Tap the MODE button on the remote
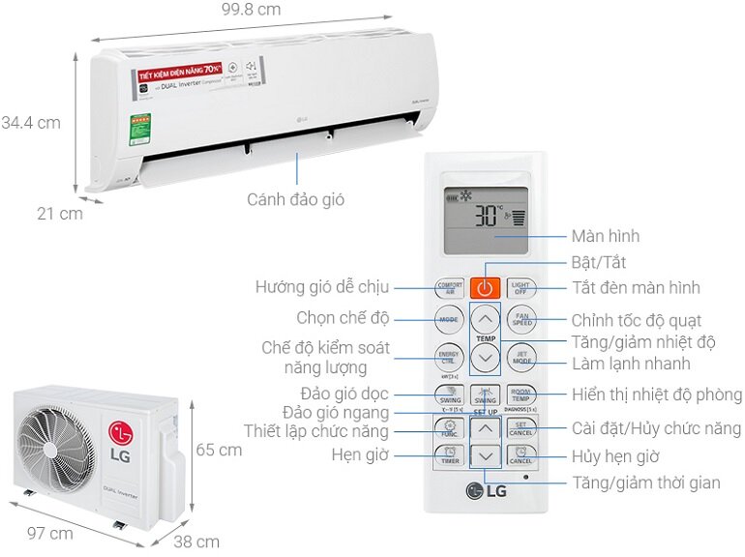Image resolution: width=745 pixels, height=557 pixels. point(449,318)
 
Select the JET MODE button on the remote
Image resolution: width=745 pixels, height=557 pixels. point(521,356)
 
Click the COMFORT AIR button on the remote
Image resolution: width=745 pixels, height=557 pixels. point(450,287)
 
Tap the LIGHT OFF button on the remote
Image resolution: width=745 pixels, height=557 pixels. point(521,287)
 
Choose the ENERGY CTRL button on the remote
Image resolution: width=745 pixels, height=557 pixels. point(449,356)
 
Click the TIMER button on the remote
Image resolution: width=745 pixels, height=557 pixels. point(450,457)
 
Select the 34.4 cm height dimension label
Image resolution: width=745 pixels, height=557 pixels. point(31,123)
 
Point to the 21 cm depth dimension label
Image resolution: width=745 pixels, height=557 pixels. point(60,214)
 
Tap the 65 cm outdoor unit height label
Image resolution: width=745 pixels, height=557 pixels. point(219,450)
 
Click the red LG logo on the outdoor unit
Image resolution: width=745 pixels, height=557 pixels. point(119,431)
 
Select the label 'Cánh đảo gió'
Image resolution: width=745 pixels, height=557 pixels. point(295,200)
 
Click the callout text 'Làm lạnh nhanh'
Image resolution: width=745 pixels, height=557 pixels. point(630,364)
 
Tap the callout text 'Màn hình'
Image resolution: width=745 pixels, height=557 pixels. point(605,236)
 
